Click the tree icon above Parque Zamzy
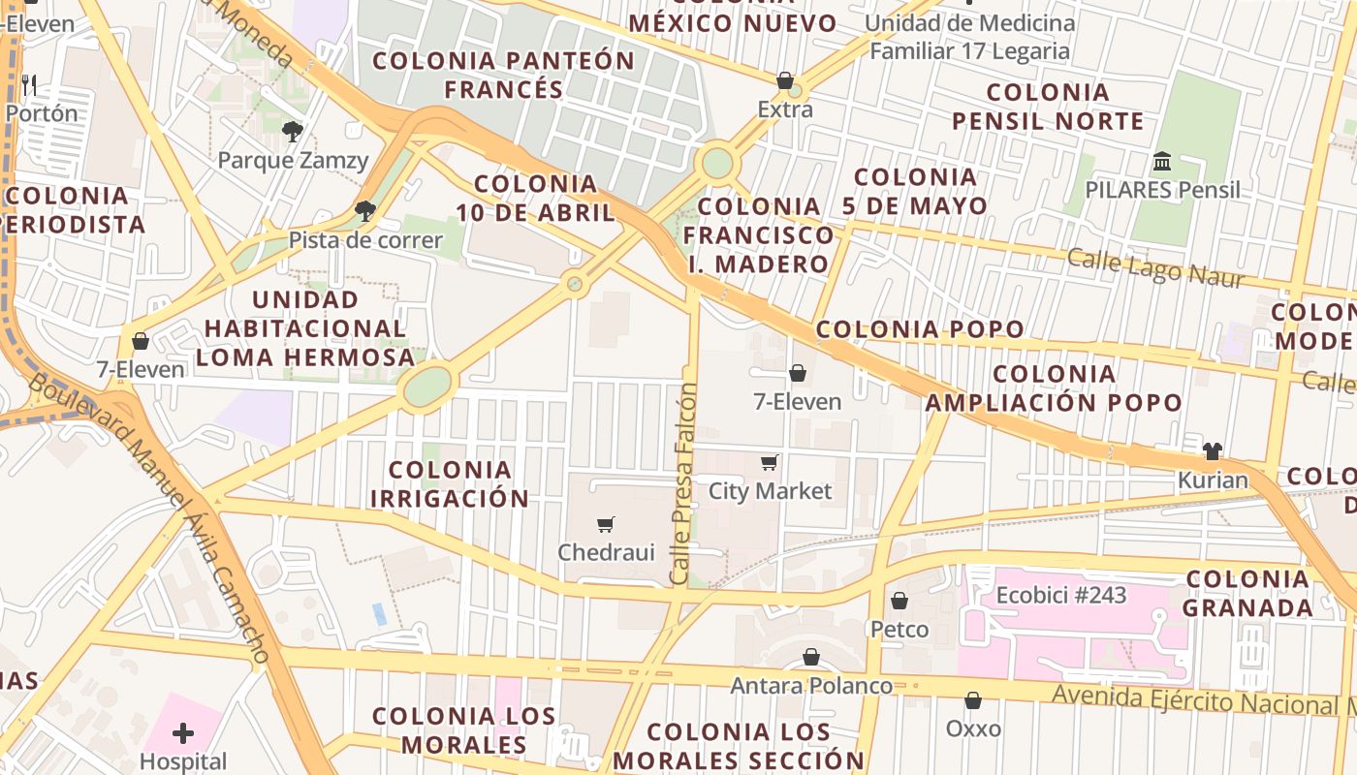tap(292, 132)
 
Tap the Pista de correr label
tap(365, 240)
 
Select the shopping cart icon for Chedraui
tap(606, 524)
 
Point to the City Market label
tap(770, 491)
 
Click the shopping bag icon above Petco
tap(899, 601)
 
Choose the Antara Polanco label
tap(811, 686)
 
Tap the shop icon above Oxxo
tap(973, 699)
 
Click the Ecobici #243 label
tap(1061, 595)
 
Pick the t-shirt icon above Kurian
tap(1213, 451)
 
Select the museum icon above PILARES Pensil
tap(1162, 161)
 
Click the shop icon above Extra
tap(785, 80)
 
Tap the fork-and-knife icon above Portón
tap(29, 85)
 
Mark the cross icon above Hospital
tap(183, 733)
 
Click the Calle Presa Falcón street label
tap(684, 483)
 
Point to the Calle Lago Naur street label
tap(1155, 268)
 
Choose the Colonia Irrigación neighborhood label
tap(450, 484)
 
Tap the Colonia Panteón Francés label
tap(503, 75)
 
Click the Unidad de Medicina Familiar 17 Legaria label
tap(970, 37)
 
